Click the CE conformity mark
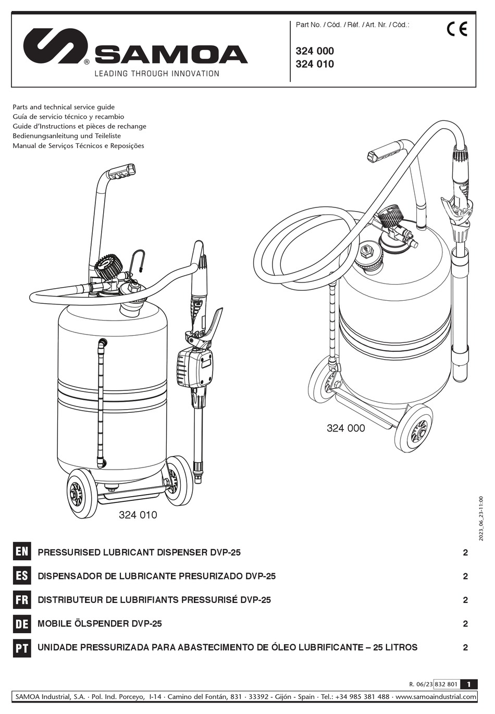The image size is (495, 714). click(457, 29)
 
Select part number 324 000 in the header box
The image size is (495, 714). click(315, 51)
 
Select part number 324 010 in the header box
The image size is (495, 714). click(315, 64)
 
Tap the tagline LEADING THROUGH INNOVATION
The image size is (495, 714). click(156, 73)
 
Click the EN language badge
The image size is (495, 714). click(22, 552)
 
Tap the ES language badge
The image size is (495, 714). click(22, 576)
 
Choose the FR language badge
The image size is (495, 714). click(22, 600)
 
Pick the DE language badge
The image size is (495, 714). click(22, 623)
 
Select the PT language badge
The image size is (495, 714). click(22, 647)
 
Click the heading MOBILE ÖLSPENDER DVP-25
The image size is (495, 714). click(100, 624)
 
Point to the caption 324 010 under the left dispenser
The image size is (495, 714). click(138, 515)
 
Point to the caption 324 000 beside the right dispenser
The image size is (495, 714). click(345, 428)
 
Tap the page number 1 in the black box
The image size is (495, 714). click(469, 684)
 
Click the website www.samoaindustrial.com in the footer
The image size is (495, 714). click(436, 697)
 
